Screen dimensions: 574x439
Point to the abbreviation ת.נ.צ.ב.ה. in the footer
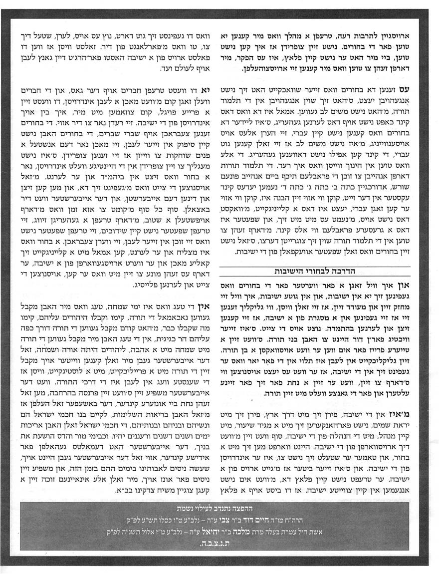[x=219, y=543]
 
